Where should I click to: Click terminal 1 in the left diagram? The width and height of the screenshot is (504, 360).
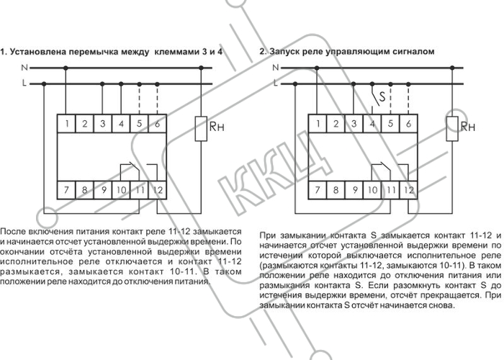coord(66,123)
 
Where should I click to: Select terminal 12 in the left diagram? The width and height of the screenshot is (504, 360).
coord(158,190)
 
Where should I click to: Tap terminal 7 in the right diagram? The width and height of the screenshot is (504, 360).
coord(318,190)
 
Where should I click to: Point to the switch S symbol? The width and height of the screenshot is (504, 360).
coord(377,98)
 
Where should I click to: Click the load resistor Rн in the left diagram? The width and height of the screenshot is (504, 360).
coord(201,129)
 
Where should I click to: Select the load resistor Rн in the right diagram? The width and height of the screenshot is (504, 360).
coord(452,129)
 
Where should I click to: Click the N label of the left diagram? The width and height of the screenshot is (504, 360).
coord(24,68)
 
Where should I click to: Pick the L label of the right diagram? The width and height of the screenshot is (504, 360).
coord(276,84)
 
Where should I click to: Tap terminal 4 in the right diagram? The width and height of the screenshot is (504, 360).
coord(372,123)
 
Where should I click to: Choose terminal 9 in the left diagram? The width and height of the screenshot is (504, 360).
coord(103,190)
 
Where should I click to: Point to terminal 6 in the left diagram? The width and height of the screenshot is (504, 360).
coord(158,123)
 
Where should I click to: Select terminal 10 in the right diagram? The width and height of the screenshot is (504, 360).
coord(372,190)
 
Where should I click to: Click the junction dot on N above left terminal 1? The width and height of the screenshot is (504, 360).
coord(66,68)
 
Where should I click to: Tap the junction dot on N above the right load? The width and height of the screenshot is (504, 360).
coord(452,68)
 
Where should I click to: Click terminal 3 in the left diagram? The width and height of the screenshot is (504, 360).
coord(103,123)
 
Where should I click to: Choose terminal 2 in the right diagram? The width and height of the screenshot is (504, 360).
coord(336,123)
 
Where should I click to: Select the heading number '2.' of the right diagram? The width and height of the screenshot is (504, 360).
coord(263,51)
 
